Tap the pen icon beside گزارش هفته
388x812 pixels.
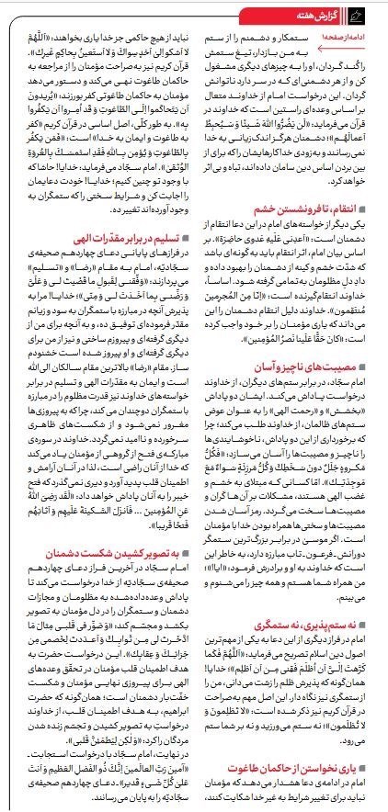[375, 11]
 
